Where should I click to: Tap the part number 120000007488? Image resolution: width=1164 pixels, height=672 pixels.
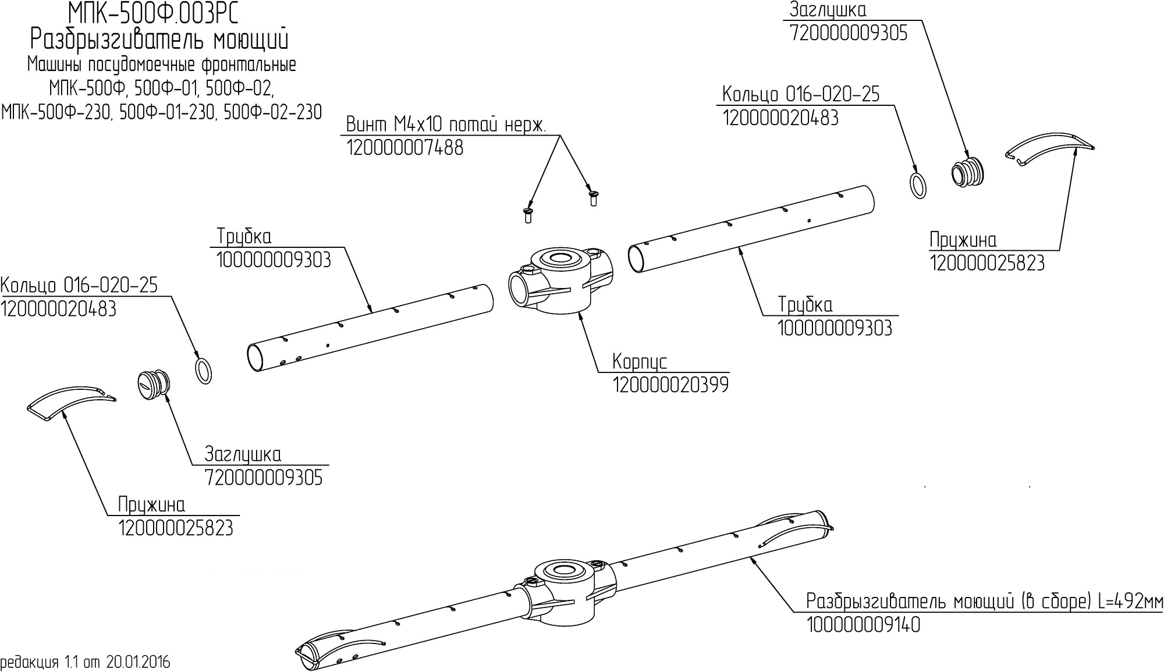[405, 148]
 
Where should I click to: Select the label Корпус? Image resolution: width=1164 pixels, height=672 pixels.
[640, 362]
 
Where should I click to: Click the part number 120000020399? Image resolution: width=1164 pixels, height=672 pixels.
[670, 385]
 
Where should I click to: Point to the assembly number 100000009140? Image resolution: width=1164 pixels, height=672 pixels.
[863, 625]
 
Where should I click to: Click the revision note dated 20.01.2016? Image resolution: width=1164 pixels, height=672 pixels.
[86, 663]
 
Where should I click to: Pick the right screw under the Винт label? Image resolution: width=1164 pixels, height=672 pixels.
[593, 198]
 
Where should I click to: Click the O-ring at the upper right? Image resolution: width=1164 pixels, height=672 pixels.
[917, 184]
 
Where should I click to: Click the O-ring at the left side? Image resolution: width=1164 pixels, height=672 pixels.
[202, 371]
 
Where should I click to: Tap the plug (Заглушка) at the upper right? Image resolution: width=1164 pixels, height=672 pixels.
[968, 172]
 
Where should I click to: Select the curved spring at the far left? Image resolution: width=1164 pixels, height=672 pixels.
[71, 401]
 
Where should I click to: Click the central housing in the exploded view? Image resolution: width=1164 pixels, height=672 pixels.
[560, 279]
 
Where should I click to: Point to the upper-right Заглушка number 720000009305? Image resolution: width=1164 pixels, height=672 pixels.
[849, 34]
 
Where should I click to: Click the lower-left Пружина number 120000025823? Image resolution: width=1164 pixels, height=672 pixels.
[176, 528]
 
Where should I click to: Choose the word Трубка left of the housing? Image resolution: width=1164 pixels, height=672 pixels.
[244, 237]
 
